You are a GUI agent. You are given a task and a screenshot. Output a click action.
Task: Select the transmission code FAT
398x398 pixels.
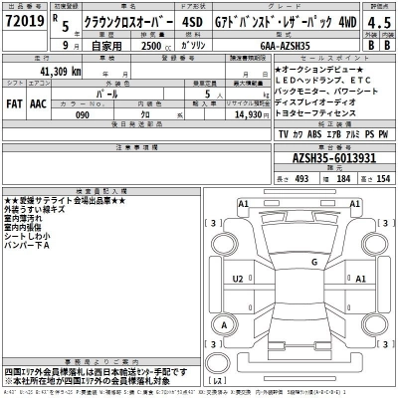15,101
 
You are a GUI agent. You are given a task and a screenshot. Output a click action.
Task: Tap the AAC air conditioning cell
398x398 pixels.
39,101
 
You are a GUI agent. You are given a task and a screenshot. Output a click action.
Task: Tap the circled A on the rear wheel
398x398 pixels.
225,324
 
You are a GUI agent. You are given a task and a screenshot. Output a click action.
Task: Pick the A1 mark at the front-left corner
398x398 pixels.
242,203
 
